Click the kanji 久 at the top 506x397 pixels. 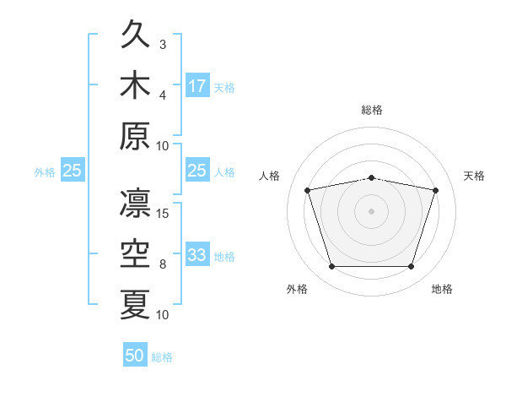coord(135,34)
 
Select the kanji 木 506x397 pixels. coord(135,84)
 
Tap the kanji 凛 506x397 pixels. coord(135,203)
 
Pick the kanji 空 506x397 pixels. coord(135,253)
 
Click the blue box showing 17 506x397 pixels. coord(197,85)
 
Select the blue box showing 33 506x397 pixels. coord(197,253)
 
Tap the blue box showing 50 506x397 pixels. coord(135,354)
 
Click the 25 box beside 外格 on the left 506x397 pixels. coord(73,170)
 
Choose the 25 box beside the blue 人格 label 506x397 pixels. coord(197,170)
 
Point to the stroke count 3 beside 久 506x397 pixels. coord(163,45)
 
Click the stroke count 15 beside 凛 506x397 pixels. coord(162,214)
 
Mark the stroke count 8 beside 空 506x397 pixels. coord(163,264)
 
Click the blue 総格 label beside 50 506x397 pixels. coord(162,357)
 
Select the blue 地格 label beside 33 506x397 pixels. coord(224,257)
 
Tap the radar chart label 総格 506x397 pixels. coord(372,110)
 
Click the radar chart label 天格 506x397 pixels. coord(474,176)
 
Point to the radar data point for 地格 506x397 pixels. coord(412,266)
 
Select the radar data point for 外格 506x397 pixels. coord(331,266)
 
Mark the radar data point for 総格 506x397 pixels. coord(371,178)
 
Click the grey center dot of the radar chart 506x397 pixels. coord(371,211)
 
